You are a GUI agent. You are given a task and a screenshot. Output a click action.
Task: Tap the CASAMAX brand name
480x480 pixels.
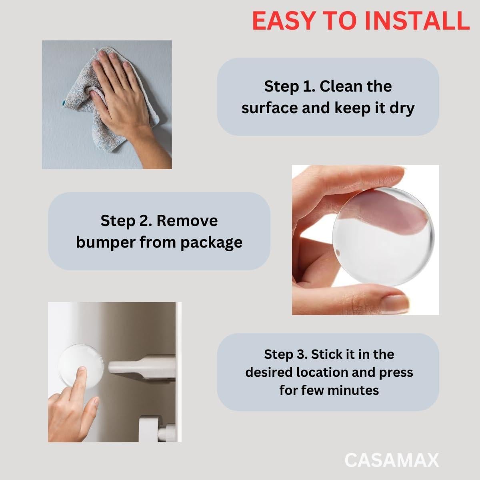point(392,460)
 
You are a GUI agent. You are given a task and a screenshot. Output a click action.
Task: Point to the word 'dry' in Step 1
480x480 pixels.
point(402,108)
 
